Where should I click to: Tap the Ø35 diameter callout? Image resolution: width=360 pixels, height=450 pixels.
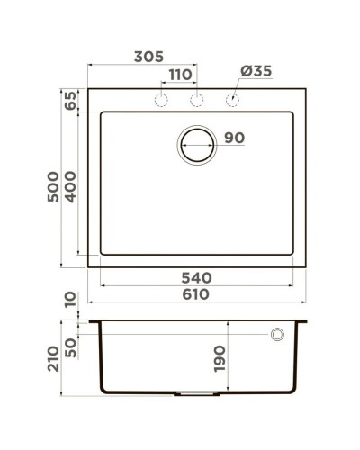(x=256, y=72)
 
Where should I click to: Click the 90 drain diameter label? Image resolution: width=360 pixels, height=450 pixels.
(x=234, y=138)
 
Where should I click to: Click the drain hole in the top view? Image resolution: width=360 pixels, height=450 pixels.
(x=196, y=143)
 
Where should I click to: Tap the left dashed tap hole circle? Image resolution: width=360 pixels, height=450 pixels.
(x=163, y=99)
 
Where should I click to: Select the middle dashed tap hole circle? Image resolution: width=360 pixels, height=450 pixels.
(x=197, y=99)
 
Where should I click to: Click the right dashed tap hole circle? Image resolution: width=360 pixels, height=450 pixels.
(x=231, y=99)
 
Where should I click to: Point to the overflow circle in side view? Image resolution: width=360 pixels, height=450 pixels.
(x=278, y=335)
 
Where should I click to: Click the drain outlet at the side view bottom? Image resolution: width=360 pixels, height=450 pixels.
(x=197, y=394)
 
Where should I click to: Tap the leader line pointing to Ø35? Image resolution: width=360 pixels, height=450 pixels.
(x=238, y=86)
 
